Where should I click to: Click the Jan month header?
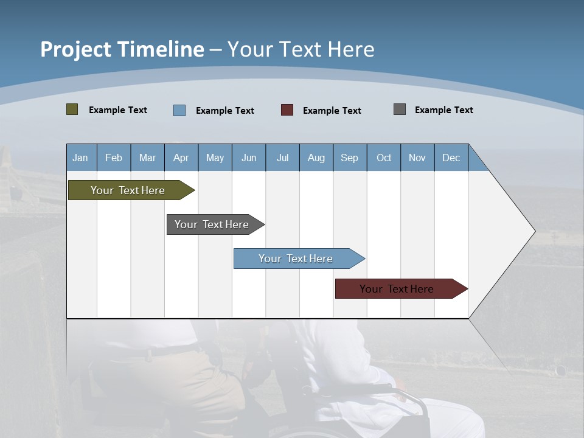80,158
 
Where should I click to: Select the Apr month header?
181,158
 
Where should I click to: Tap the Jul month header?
283,158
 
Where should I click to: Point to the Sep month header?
350,158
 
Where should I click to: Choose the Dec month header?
451,158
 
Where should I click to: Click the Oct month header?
384,158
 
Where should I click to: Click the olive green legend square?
72,109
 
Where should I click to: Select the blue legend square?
179,110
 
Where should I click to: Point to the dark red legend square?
287,110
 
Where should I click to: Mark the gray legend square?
400,109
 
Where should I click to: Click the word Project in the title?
75,49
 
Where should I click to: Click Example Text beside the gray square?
444,110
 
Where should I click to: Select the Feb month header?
114,158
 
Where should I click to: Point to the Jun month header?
249,158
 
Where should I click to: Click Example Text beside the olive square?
118,110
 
